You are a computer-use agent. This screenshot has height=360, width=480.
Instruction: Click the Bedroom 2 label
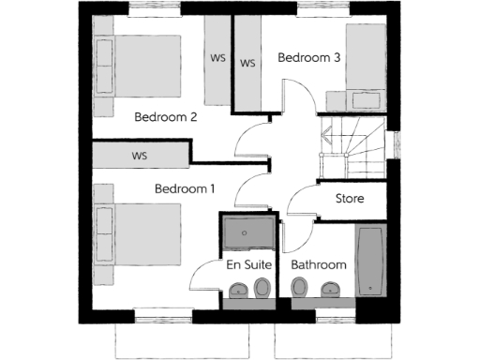165,118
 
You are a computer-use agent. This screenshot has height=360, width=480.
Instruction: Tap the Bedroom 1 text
185,189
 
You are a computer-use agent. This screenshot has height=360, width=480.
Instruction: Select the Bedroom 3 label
308,58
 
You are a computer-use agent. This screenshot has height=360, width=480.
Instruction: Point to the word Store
350,200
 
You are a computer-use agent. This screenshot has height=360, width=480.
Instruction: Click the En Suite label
248,265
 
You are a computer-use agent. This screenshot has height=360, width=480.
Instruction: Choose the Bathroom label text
318,265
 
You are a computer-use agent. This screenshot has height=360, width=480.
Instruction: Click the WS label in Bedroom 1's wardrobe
141,156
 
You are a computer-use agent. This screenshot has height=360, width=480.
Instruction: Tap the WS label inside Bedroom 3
248,64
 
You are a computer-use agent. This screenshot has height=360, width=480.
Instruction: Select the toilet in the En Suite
264,288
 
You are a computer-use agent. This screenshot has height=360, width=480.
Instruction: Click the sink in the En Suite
237,290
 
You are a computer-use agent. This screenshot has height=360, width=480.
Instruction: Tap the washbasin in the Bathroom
329,290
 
